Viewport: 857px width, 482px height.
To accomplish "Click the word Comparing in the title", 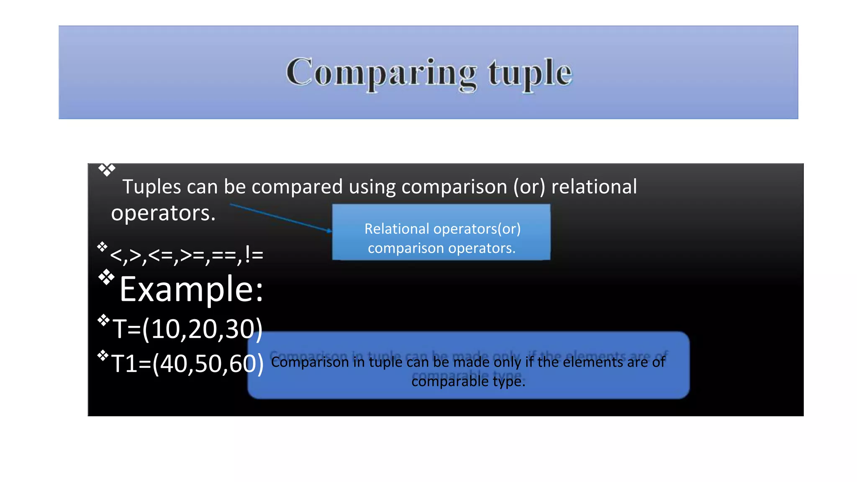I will pos(381,73).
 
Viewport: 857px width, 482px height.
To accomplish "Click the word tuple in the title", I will pos(529,73).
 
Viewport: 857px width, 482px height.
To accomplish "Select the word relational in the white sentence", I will pos(594,187).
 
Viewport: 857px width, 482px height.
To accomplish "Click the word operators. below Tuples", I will pos(163,213).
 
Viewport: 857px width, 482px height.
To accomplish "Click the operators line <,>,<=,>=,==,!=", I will pos(187,254).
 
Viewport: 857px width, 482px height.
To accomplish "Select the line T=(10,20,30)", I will pos(187,329).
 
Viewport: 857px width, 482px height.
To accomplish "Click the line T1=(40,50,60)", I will pos(187,363).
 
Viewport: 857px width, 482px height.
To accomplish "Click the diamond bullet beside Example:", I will pos(106,277).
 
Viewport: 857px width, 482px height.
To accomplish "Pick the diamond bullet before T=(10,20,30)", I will pos(103,320).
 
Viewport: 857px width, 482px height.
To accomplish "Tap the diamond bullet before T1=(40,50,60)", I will pos(103,356).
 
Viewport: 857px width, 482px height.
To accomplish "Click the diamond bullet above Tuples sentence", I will pos(107,169).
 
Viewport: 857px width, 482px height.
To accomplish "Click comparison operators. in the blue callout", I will pos(441,248).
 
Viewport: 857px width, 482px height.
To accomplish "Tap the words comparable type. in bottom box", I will pos(468,381).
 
